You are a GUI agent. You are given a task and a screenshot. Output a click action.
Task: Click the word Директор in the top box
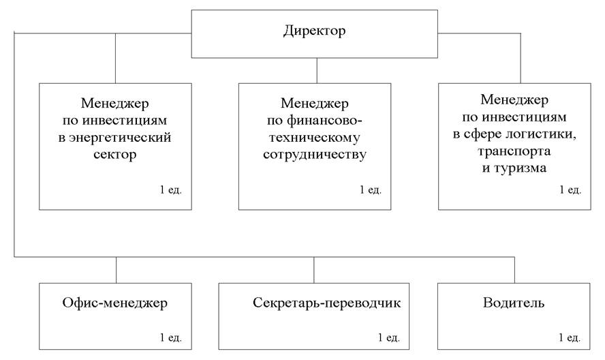click(315, 31)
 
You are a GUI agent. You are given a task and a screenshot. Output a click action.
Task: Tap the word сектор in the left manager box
click(115, 155)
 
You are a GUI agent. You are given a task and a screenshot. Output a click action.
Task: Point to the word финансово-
click(315, 121)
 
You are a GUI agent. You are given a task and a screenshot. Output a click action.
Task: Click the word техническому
click(315, 138)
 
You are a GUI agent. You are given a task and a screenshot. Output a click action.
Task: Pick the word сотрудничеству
click(315, 155)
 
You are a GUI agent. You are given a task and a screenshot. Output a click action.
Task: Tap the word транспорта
click(514, 151)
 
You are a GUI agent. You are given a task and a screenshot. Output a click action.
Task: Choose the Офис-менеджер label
click(115, 303)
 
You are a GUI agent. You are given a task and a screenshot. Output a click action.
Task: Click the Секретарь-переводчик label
click(326, 303)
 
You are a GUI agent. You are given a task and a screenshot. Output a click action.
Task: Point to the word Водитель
click(514, 303)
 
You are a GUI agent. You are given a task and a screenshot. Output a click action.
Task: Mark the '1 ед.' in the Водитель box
click(569, 337)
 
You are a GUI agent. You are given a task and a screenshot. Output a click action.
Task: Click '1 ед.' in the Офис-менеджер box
click(170, 337)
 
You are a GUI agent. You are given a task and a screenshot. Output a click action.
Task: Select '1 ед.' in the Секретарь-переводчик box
click(388, 337)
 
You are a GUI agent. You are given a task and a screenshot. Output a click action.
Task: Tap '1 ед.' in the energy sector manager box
click(170, 190)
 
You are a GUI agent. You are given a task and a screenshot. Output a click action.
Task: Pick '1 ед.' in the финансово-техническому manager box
click(371, 190)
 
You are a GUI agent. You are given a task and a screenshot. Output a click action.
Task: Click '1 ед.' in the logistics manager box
click(570, 190)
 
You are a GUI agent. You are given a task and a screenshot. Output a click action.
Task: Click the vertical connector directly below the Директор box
click(317, 71)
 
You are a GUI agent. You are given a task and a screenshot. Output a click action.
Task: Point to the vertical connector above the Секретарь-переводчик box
click(313, 270)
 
